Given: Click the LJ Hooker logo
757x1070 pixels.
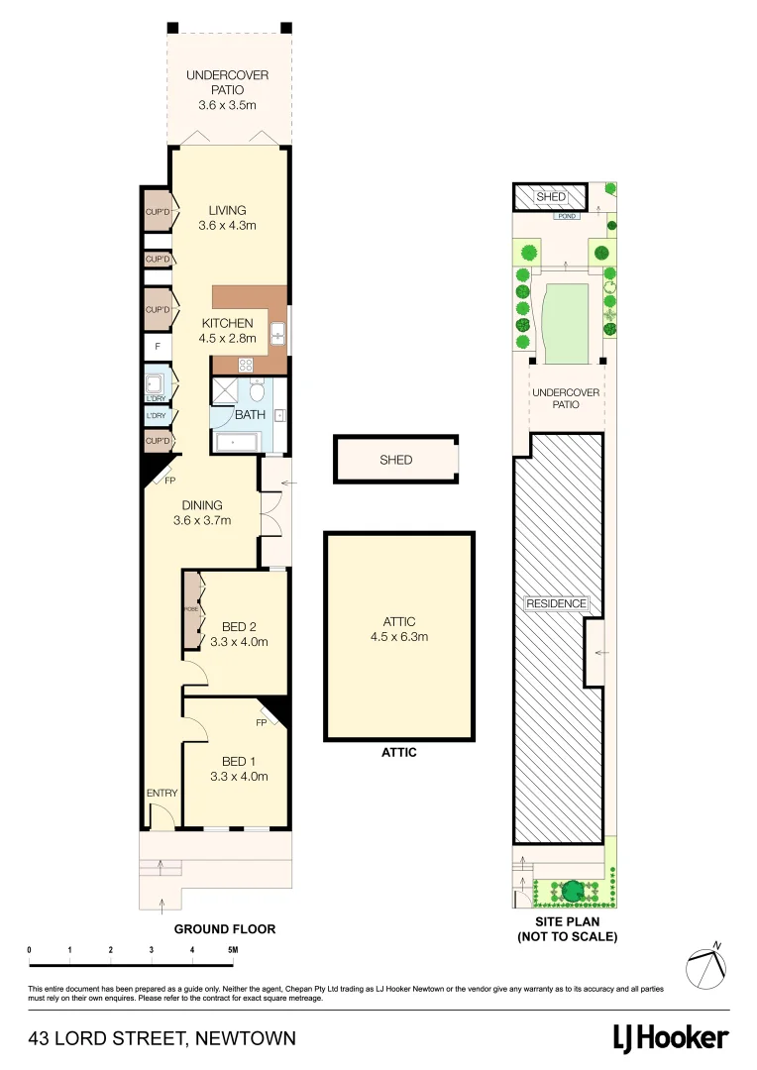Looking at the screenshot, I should (671, 1037).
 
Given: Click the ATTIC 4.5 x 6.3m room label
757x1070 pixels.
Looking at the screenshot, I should (399, 629).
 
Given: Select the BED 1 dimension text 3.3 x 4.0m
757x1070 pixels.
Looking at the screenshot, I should (239, 777).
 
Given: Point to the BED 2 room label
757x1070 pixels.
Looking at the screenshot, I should (239, 626).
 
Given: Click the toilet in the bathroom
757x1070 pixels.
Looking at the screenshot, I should (257, 391).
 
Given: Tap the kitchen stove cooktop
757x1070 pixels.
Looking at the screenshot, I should (245, 363).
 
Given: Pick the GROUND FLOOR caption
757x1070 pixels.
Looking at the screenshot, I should (224, 929).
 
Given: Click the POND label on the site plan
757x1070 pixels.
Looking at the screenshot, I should (567, 215).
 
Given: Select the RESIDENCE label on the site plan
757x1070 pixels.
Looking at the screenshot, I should (556, 603).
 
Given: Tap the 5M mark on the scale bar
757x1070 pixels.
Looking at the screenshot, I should (232, 950).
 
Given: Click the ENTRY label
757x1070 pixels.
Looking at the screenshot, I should (162, 794).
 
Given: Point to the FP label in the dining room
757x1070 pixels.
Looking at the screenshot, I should (169, 481).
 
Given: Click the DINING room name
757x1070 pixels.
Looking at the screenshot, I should (201, 505).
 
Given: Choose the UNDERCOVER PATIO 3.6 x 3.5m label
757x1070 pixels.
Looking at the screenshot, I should (228, 89).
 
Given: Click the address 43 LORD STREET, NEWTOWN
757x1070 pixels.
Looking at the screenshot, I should (162, 1038).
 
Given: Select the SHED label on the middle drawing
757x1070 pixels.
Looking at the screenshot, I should (395, 460).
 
